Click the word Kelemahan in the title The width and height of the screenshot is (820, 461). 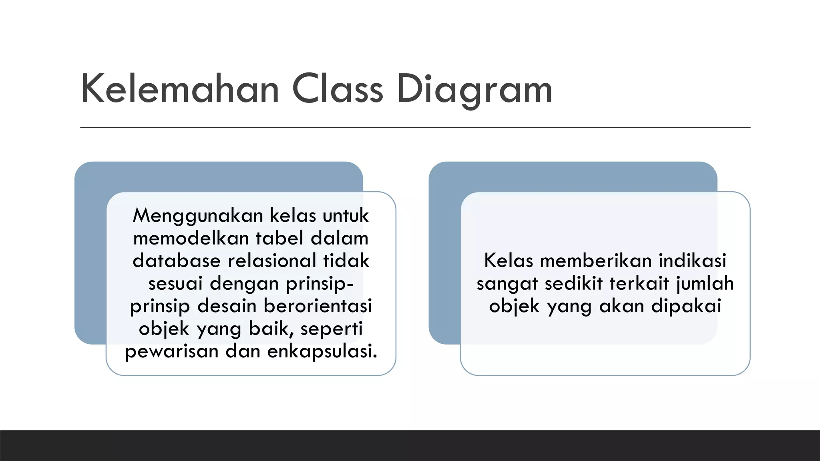pos(180,90)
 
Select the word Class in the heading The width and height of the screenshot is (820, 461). pos(338,90)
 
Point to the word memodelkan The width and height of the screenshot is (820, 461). pos(191,239)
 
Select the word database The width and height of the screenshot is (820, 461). pos(177,261)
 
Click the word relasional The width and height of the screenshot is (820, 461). pos(272,261)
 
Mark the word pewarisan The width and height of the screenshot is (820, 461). pos(172,351)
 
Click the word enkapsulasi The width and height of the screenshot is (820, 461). pos(322,351)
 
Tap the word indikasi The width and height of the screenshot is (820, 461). pos(692,261)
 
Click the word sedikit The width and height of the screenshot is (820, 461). pos(573,284)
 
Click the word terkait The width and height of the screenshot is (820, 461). pos(639,284)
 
